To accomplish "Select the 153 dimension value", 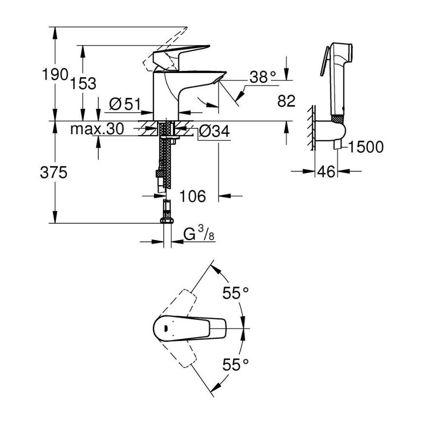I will pyautogui.click(x=84, y=83).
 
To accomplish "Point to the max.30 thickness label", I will pyautogui.click(x=97, y=129).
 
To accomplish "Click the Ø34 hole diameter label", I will pyautogui.click(x=214, y=131).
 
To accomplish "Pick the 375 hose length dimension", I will pyautogui.click(x=53, y=173).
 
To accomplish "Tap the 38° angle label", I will pyautogui.click(x=263, y=76).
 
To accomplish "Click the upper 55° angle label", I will pyautogui.click(x=236, y=293).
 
